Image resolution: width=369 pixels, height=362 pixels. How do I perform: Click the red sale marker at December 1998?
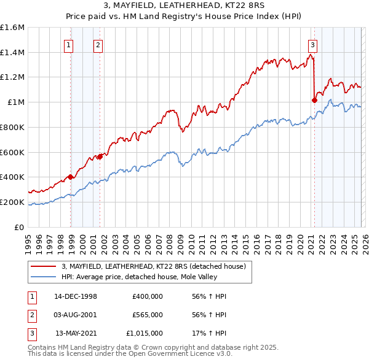tap(71, 177)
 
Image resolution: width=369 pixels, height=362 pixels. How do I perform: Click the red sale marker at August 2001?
tap(100, 156)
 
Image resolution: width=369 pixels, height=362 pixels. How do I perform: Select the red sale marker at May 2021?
tap(314, 100)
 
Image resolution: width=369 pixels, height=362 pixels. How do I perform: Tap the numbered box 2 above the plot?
tap(98, 44)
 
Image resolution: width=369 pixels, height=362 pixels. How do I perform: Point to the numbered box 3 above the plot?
tap(312, 44)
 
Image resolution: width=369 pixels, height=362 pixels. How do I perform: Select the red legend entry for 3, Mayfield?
tap(153, 266)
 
